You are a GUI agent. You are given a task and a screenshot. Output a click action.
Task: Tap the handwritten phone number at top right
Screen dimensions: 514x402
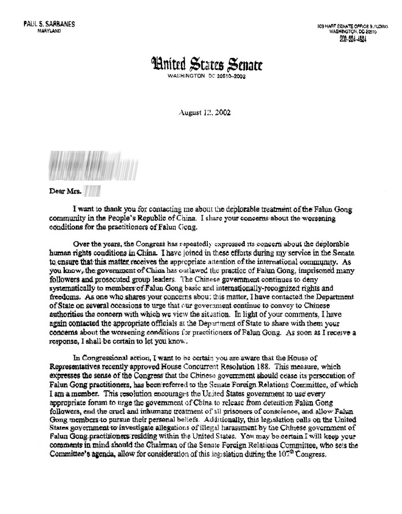(353, 39)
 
